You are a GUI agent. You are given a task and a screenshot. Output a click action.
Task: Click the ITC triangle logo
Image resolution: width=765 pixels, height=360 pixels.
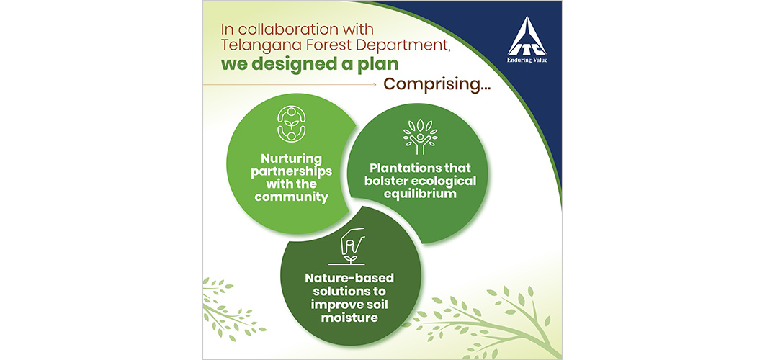coord(527,35)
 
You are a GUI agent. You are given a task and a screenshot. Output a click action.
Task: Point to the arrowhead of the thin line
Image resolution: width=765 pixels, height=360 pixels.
coord(374,85)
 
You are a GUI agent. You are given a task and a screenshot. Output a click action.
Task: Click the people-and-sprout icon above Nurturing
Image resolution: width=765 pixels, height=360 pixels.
coord(291,124)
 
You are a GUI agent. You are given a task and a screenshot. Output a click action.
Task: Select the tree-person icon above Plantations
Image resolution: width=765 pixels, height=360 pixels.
coord(420,136)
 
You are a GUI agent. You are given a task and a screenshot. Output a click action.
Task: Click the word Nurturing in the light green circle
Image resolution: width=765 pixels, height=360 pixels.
coord(291,159)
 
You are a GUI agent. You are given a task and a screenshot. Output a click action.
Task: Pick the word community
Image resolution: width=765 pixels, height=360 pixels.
coord(291,197)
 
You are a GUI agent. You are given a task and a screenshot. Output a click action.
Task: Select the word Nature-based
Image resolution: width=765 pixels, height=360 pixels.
coord(349,279)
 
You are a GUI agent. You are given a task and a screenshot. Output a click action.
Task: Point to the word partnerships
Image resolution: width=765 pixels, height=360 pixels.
coord(291,172)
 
